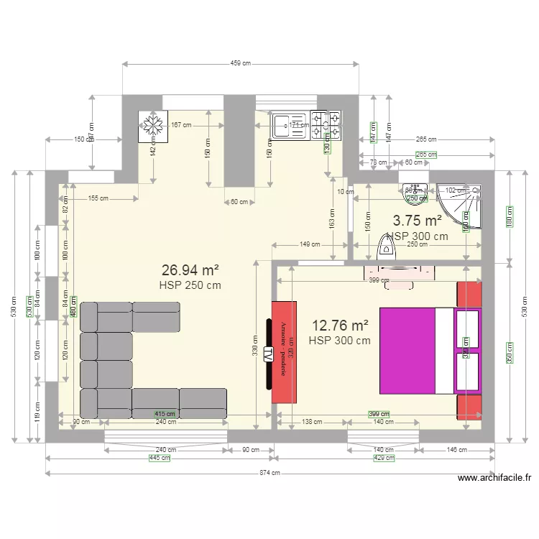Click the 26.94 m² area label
pyautogui.click(x=190, y=270)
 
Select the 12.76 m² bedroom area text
pyautogui.click(x=340, y=326)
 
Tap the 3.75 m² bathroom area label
pyautogui.click(x=417, y=220)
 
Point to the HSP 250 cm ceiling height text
pyautogui.click(x=190, y=285)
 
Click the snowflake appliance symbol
pyautogui.click(x=152, y=125)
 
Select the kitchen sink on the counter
pyautogui.click(x=290, y=125)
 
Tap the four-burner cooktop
pyautogui.click(x=326, y=124)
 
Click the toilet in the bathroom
pyautogui.click(x=386, y=248)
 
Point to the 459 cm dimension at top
pyautogui.click(x=240, y=64)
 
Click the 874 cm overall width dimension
pyautogui.click(x=270, y=473)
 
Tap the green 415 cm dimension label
pyautogui.click(x=165, y=414)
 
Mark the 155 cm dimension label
pyautogui.click(x=98, y=198)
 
